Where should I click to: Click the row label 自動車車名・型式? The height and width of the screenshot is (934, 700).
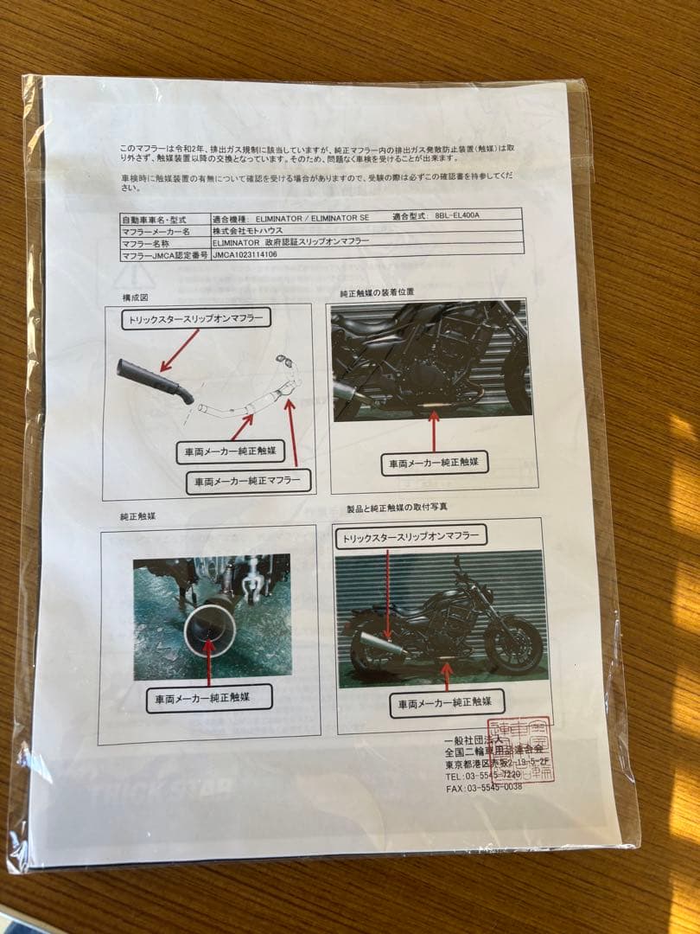154,221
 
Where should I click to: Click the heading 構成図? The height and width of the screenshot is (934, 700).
136,297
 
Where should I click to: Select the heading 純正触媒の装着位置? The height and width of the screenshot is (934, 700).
377,292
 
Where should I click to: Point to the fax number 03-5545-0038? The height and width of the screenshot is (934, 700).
496,788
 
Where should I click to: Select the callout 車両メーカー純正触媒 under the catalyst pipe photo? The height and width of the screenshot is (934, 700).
209,697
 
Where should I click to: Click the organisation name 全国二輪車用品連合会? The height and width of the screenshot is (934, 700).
493,752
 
